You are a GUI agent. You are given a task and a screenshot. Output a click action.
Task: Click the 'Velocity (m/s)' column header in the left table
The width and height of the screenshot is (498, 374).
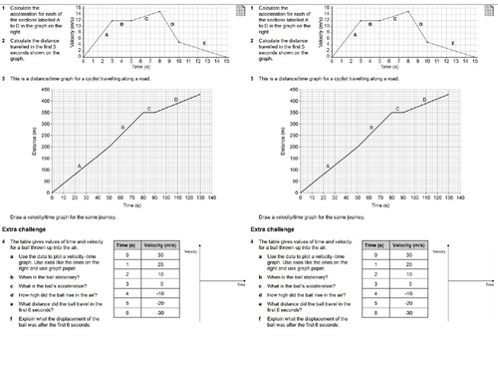point(152,243)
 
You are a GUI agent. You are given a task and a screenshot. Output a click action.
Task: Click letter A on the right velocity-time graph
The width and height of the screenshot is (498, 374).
point(353,34)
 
